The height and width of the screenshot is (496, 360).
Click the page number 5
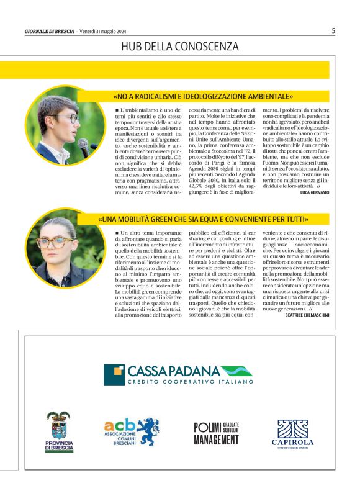333,30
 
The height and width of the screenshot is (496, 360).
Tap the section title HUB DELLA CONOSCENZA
180,47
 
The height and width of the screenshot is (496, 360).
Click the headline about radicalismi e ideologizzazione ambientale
203,96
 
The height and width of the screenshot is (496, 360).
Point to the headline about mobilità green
203,219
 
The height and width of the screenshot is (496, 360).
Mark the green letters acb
119,425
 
